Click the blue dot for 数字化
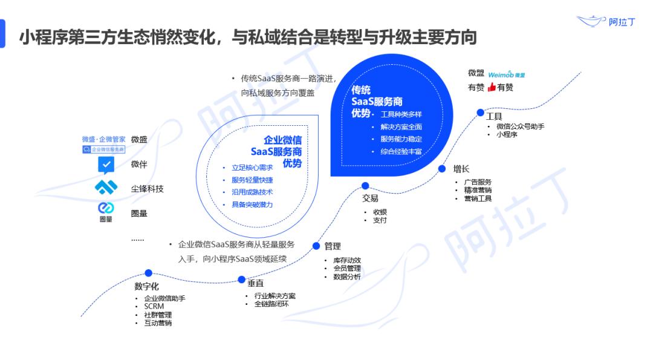tap(149, 273)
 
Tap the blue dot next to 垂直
tap(242, 280)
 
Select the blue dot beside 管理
tap(316, 246)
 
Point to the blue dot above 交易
tap(365, 186)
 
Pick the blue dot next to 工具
tap(480, 113)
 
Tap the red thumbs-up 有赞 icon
tap(492, 87)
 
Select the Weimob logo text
tap(502, 74)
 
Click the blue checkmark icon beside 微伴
tap(106, 165)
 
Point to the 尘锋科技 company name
tap(148, 189)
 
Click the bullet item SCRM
tap(154, 306)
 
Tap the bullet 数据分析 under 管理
tap(346, 277)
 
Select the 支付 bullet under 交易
tap(379, 220)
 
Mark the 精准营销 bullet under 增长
tap(478, 190)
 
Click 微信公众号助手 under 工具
tap(520, 126)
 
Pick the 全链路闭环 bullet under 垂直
tap(271, 304)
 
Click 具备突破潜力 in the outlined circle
tap(252, 205)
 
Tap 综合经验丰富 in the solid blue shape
tap(401, 151)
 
